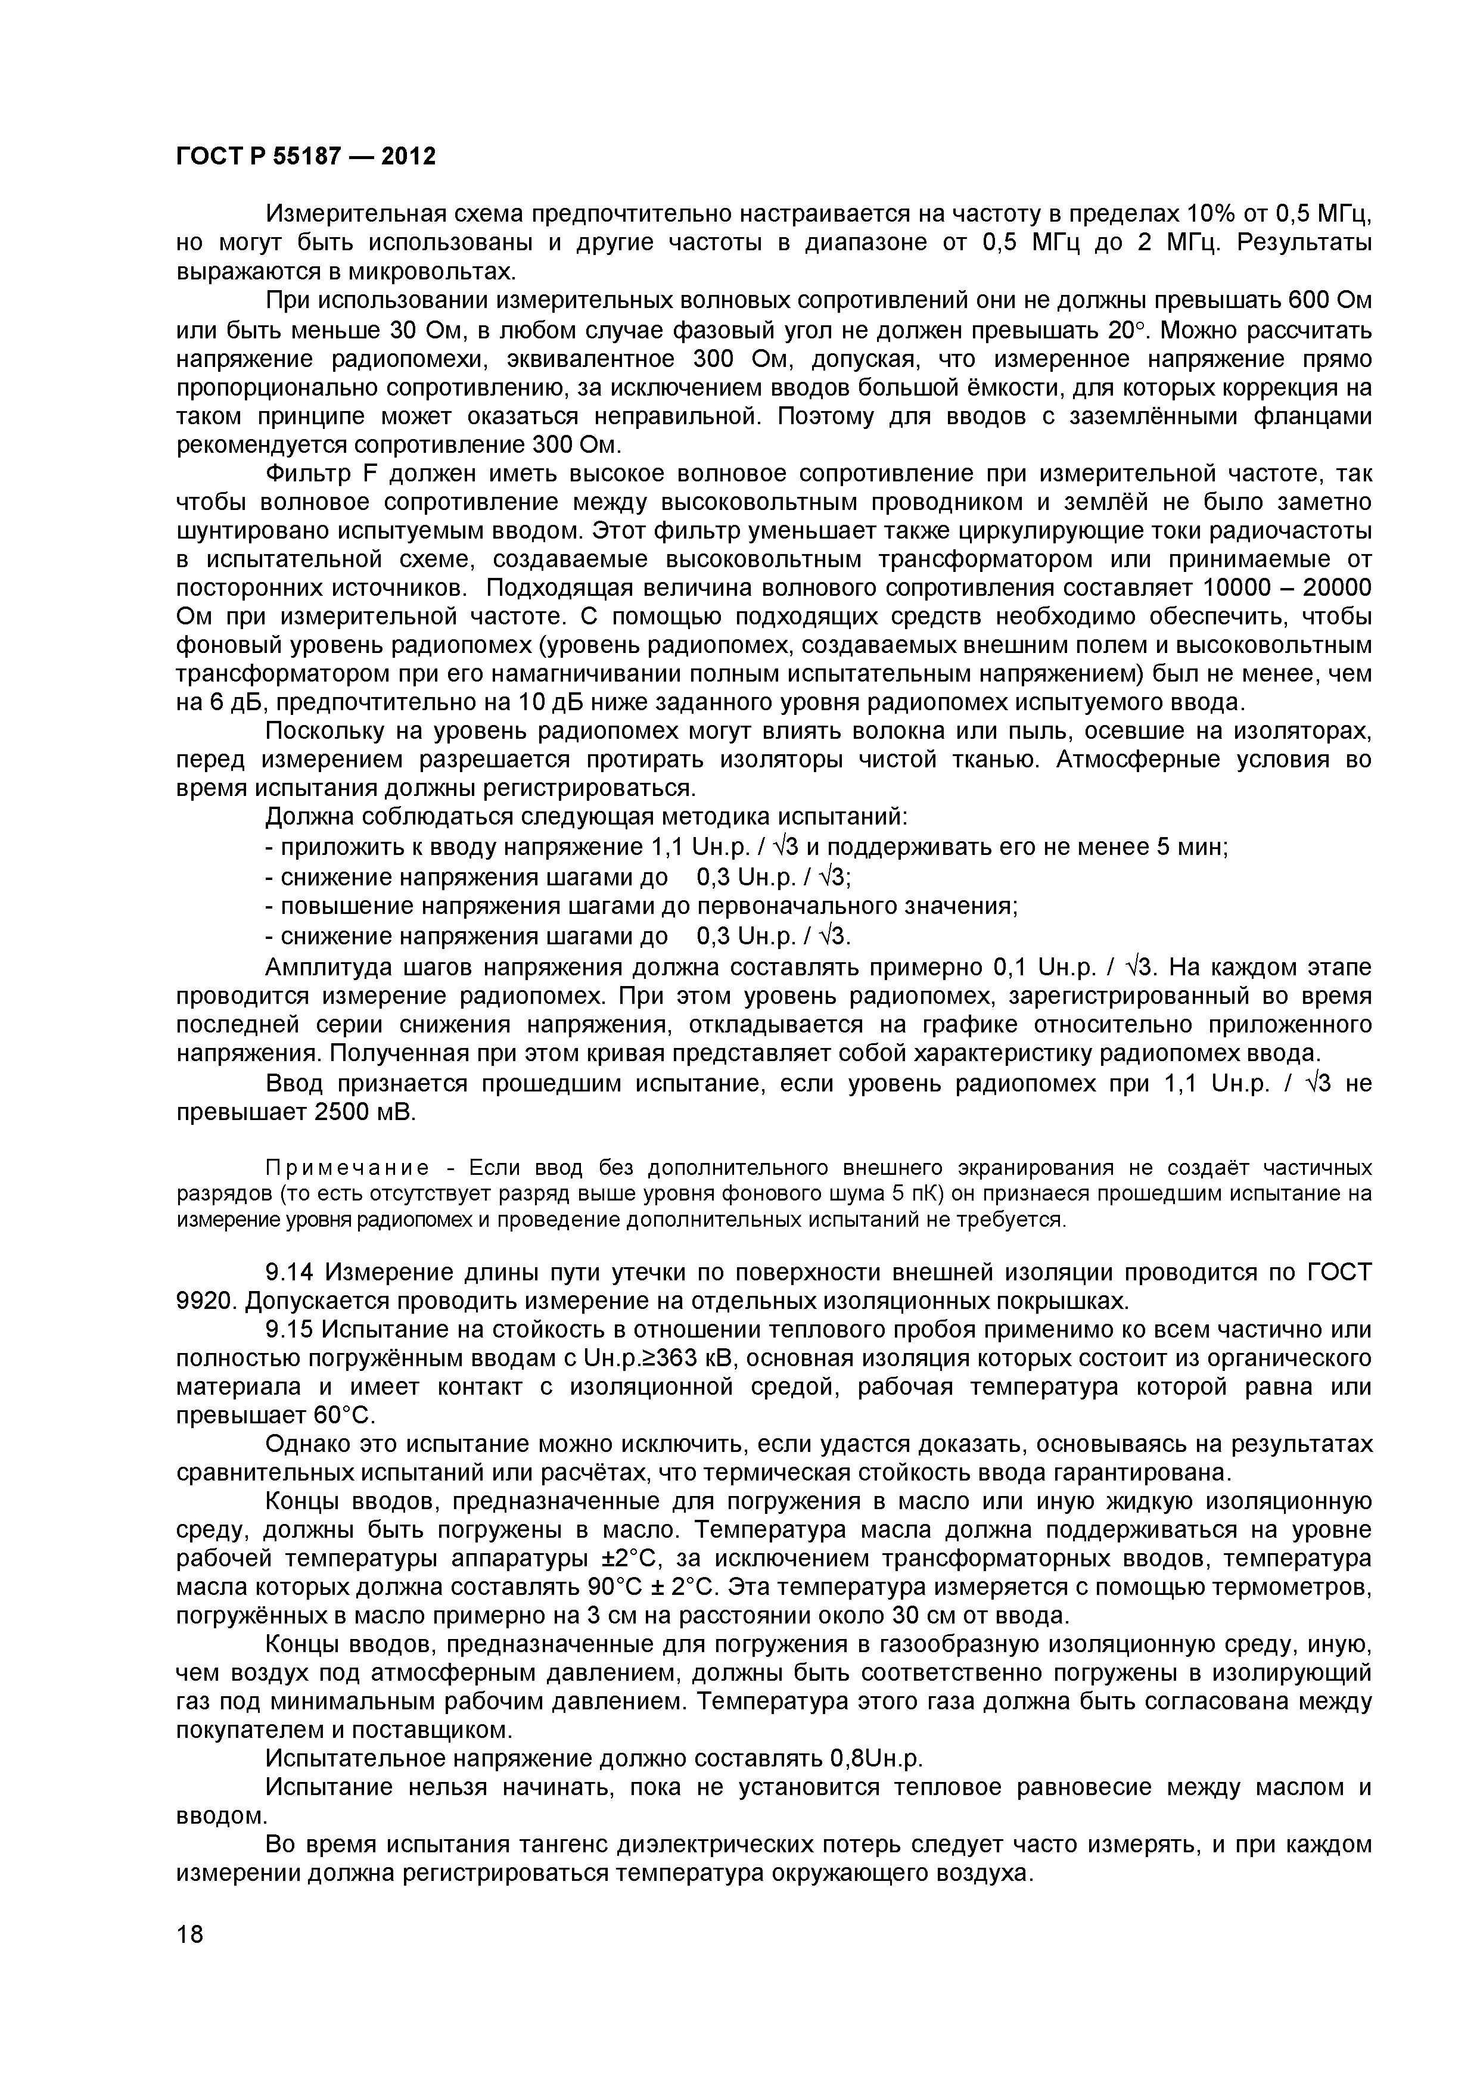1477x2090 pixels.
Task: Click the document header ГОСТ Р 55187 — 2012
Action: coord(306,157)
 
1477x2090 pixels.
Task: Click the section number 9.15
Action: coord(291,1330)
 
